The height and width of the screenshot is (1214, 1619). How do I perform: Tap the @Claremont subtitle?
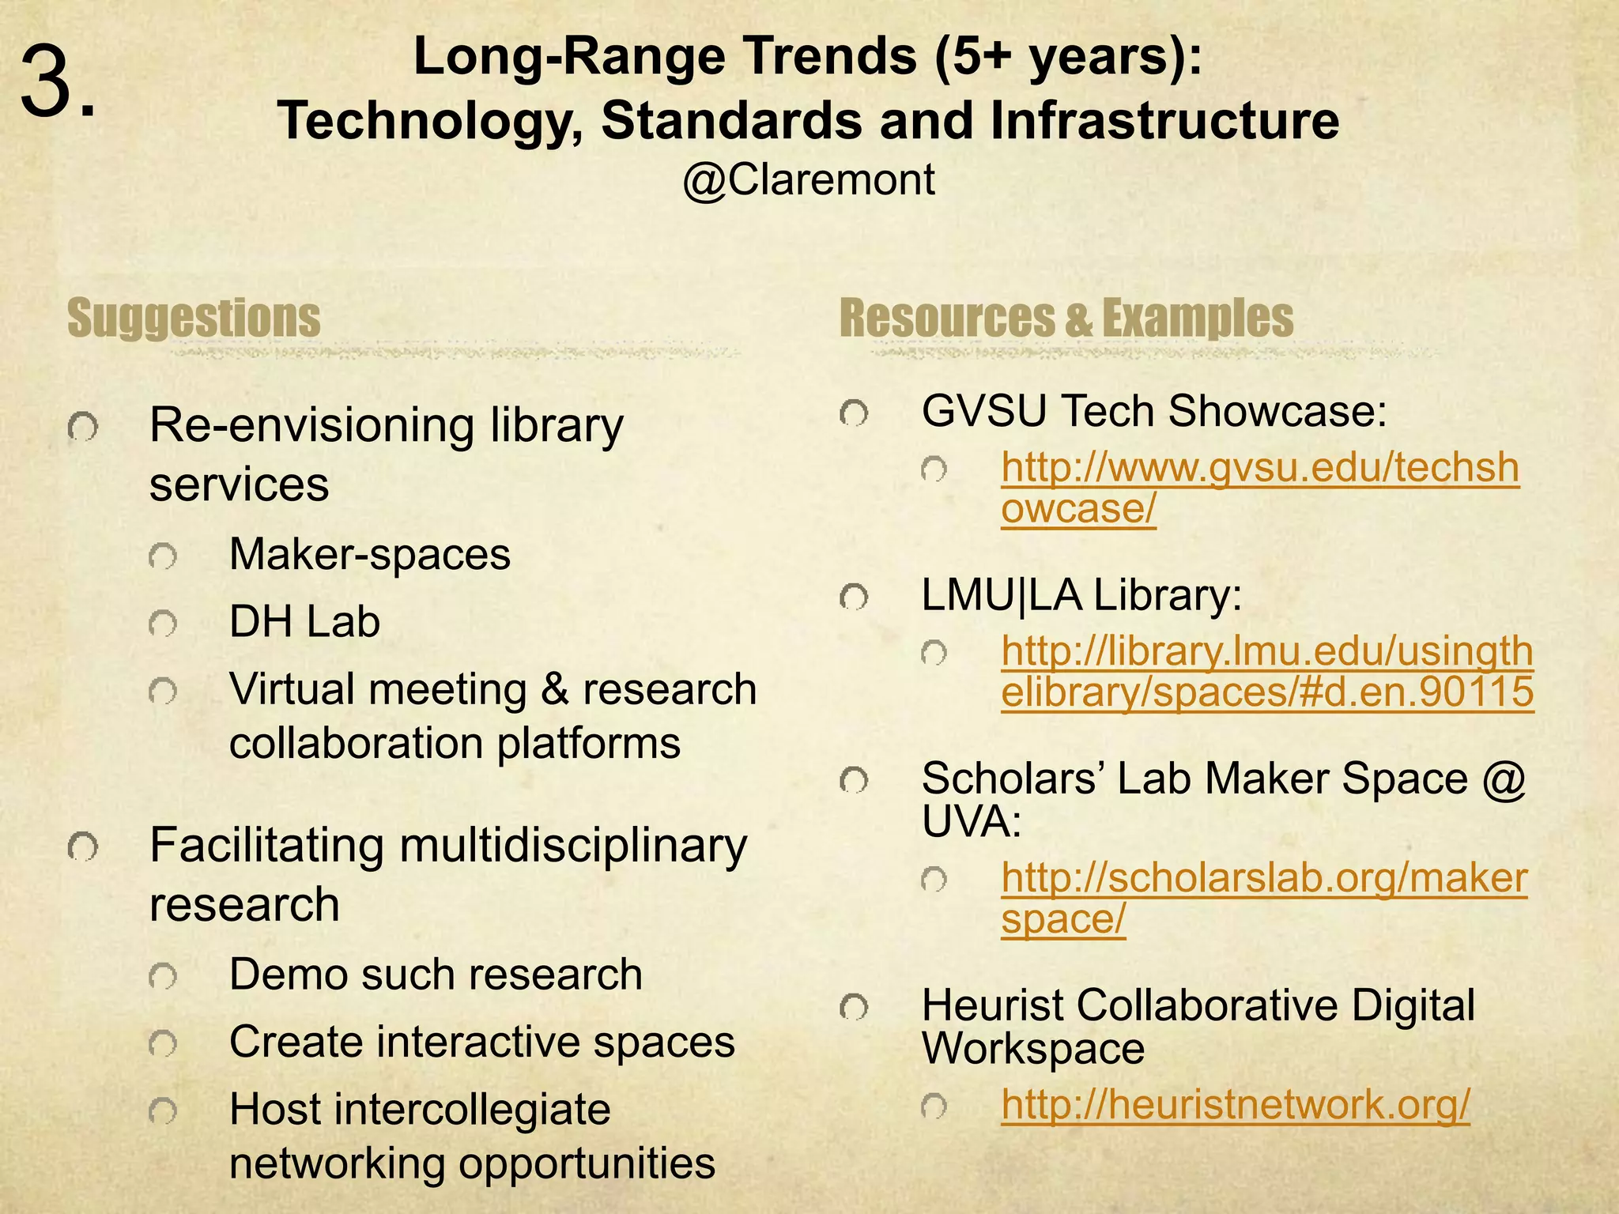[x=808, y=179]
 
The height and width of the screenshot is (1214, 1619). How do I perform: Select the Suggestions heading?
[x=194, y=318]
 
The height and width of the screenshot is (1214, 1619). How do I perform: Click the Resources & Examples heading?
[x=1066, y=318]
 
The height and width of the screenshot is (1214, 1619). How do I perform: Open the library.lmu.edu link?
[x=1266, y=672]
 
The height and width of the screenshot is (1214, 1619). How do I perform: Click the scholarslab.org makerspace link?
[x=1263, y=899]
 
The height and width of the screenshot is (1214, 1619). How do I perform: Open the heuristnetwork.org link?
[x=1235, y=1104]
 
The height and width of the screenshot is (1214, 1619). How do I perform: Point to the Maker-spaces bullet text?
[x=369, y=554]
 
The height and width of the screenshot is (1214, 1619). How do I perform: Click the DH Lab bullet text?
[x=304, y=621]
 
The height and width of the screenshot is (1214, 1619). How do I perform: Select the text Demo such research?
[x=435, y=974]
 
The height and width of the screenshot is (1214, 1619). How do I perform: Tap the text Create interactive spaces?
[x=481, y=1042]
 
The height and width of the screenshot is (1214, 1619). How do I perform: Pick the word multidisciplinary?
[x=572, y=846]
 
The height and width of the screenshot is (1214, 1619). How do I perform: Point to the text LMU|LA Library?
[x=1081, y=596]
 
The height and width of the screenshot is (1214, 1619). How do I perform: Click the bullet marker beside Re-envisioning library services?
[x=83, y=428]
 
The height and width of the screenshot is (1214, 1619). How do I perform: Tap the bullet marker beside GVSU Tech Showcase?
[x=854, y=413]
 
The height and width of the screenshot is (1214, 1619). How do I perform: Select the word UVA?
[x=971, y=823]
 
